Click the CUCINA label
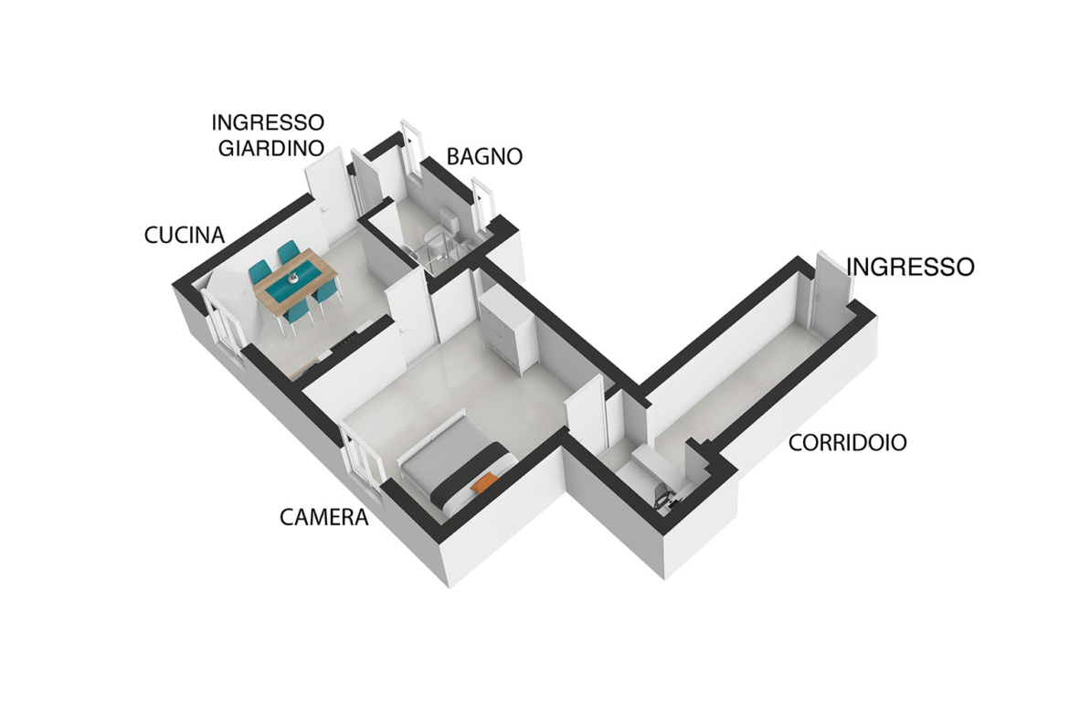click(184, 235)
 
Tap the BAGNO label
click(484, 157)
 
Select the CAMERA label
click(323, 517)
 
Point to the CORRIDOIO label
click(847, 443)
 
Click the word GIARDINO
click(270, 149)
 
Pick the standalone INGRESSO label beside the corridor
click(910, 268)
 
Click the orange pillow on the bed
click(482, 482)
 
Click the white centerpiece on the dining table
click(294, 278)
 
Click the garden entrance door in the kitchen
click(326, 197)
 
